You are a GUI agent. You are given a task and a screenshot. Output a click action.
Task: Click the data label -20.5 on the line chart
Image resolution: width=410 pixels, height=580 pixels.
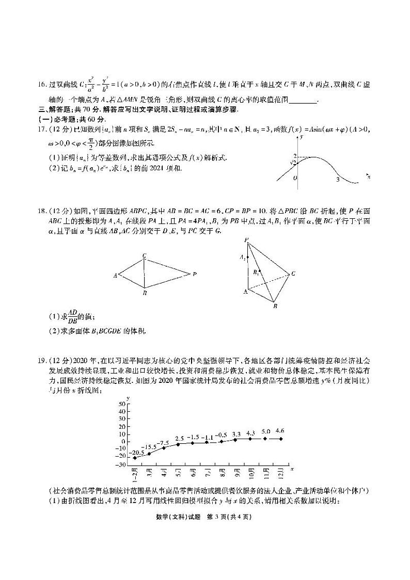(136, 452)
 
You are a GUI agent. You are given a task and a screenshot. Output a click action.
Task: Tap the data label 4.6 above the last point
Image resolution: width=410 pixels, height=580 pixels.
(280, 430)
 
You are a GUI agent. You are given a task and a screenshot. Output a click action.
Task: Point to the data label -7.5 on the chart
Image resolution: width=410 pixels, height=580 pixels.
(164, 443)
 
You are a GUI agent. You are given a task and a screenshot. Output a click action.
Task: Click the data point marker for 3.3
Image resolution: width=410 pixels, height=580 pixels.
(236, 439)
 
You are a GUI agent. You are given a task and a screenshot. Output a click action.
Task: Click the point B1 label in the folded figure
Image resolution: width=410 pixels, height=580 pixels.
(255, 271)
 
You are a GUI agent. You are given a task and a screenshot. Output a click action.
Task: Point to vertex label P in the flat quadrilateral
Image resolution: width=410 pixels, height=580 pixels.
(194, 274)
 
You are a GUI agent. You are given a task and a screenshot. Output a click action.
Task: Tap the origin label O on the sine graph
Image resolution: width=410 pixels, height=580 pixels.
(295, 179)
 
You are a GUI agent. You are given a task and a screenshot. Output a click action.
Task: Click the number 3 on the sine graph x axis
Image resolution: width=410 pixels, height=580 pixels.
(338, 179)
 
